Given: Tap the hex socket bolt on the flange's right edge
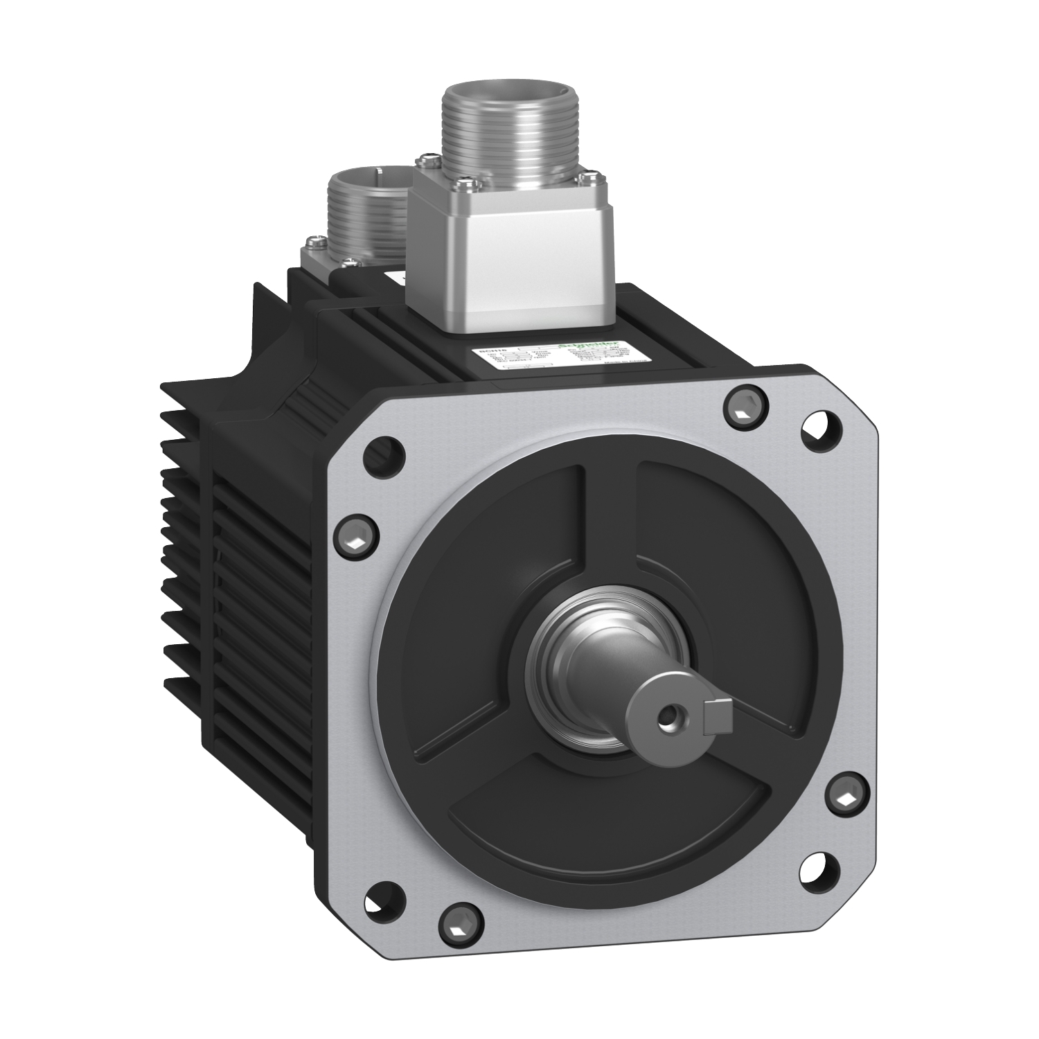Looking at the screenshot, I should click(847, 799).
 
